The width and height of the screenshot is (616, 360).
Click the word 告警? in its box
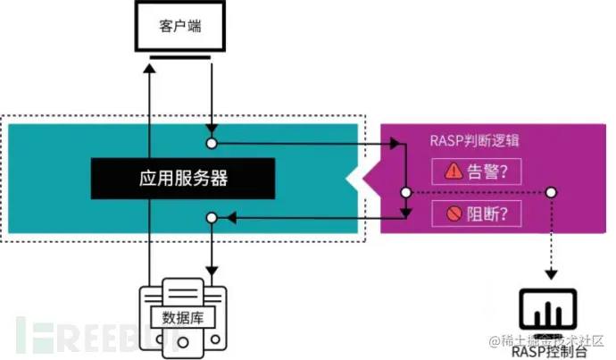(488, 171)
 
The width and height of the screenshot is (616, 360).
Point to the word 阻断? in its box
(488, 213)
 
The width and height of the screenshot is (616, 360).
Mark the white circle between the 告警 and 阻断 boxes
(405, 192)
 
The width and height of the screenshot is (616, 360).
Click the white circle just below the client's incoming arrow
(212, 143)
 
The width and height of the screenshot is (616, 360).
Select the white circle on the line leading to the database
(212, 217)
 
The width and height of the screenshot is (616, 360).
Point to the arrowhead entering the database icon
(212, 270)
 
